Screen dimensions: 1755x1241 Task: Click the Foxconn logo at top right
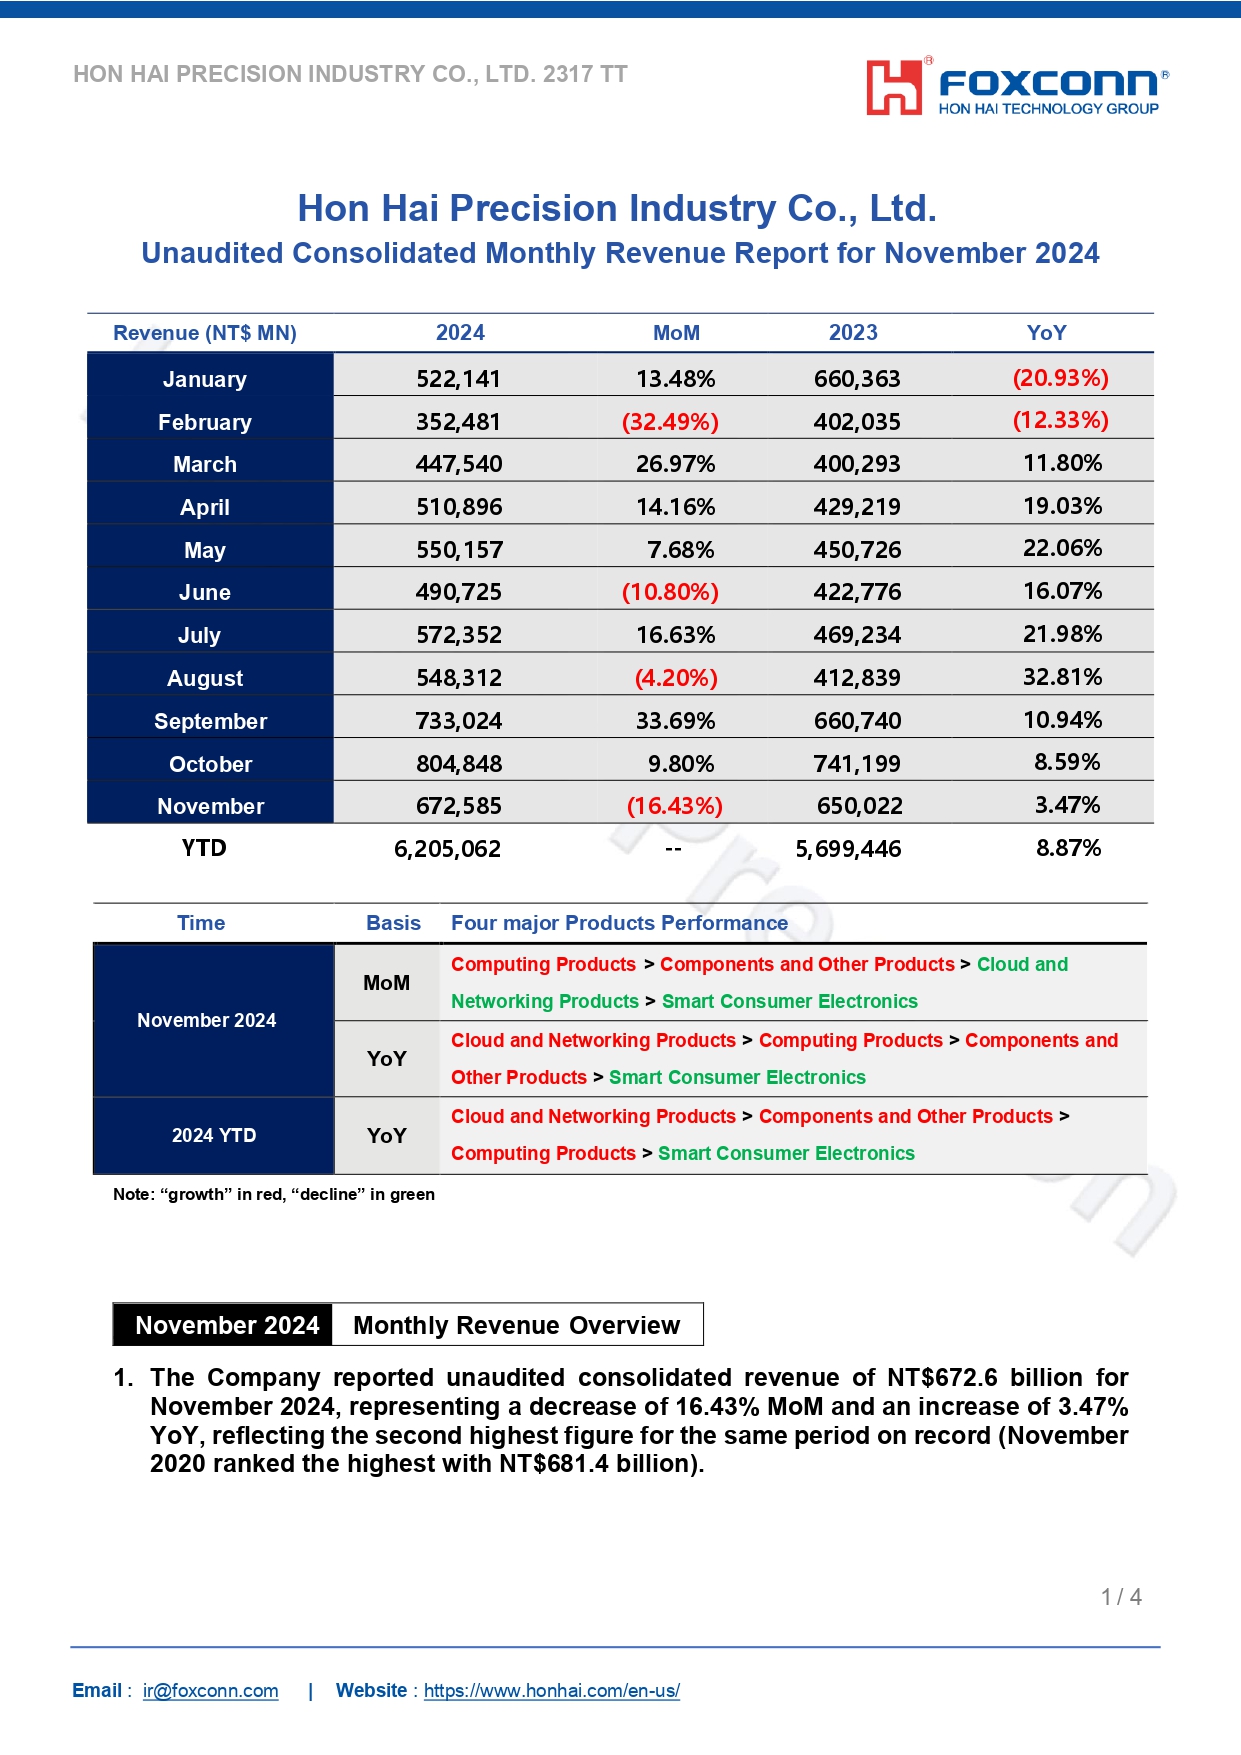click(1016, 87)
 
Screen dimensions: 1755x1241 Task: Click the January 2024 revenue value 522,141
click(458, 379)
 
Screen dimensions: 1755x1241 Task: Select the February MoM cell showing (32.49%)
click(670, 422)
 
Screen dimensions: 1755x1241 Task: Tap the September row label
click(210, 721)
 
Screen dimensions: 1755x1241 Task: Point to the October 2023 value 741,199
click(857, 764)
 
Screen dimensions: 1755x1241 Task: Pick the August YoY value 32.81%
click(1062, 677)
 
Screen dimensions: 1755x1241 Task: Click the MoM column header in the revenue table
click(676, 333)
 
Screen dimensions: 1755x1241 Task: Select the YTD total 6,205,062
click(447, 849)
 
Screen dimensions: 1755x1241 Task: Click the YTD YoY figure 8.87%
click(1068, 848)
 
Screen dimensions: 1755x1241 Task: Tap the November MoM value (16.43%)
click(674, 806)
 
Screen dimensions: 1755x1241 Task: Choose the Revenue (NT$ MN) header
click(205, 333)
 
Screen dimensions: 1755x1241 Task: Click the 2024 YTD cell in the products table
click(213, 1135)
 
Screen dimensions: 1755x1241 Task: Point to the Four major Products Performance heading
click(619, 923)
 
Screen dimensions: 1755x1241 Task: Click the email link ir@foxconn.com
click(210, 1690)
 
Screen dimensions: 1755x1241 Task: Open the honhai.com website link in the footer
click(551, 1690)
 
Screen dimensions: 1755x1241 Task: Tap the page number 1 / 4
click(1121, 1597)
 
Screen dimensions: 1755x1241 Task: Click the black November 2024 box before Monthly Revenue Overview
click(227, 1325)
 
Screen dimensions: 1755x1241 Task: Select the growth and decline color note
click(273, 1194)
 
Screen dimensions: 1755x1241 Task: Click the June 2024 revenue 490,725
click(458, 592)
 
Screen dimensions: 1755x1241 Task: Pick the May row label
click(205, 550)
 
